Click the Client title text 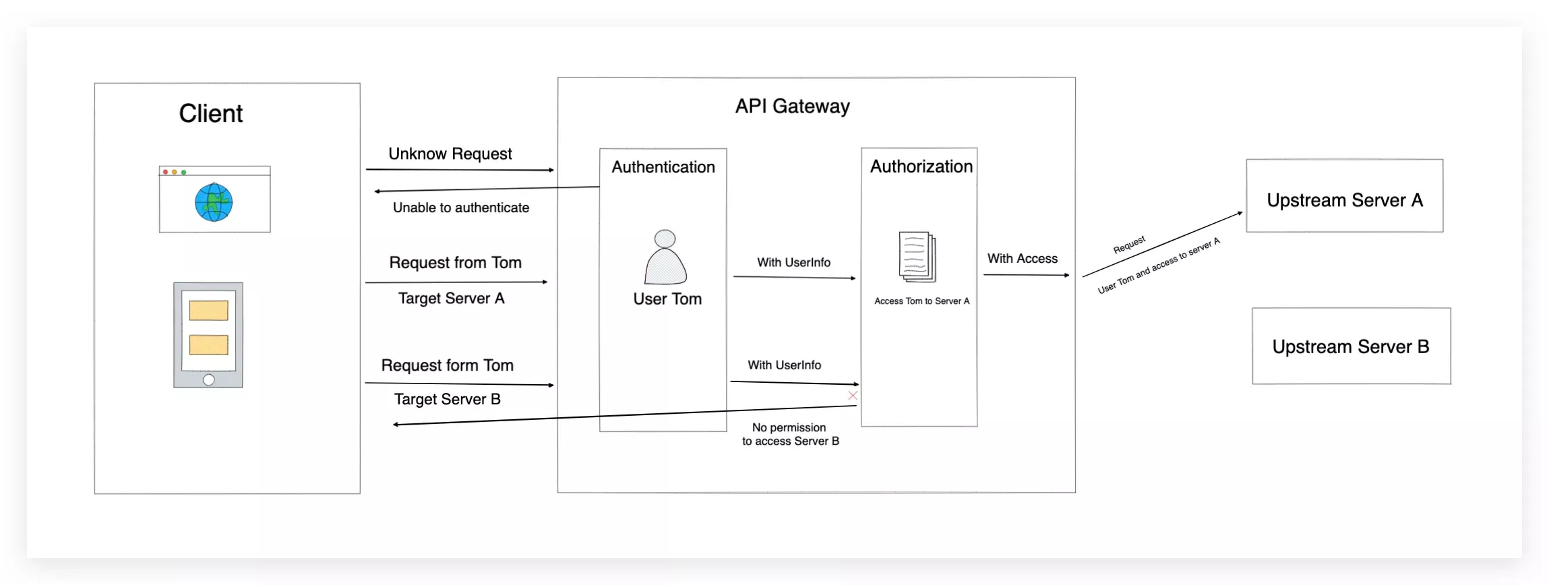tap(210, 113)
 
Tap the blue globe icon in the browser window tap(214, 202)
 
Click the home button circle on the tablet tap(209, 380)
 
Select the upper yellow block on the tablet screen tap(208, 311)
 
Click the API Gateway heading tap(792, 106)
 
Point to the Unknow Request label tap(450, 154)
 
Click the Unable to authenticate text tap(461, 208)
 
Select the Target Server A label tap(451, 299)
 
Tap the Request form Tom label tap(447, 365)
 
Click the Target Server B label tap(447, 400)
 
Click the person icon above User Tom tap(665, 257)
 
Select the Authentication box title tap(663, 167)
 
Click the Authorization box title tap(921, 166)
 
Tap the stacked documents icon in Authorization tap(917, 256)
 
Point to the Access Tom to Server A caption tap(921, 301)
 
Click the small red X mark tap(853, 396)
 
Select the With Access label tap(1022, 259)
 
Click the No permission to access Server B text tap(790, 435)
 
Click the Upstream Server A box tap(1344, 196)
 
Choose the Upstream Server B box tap(1351, 346)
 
